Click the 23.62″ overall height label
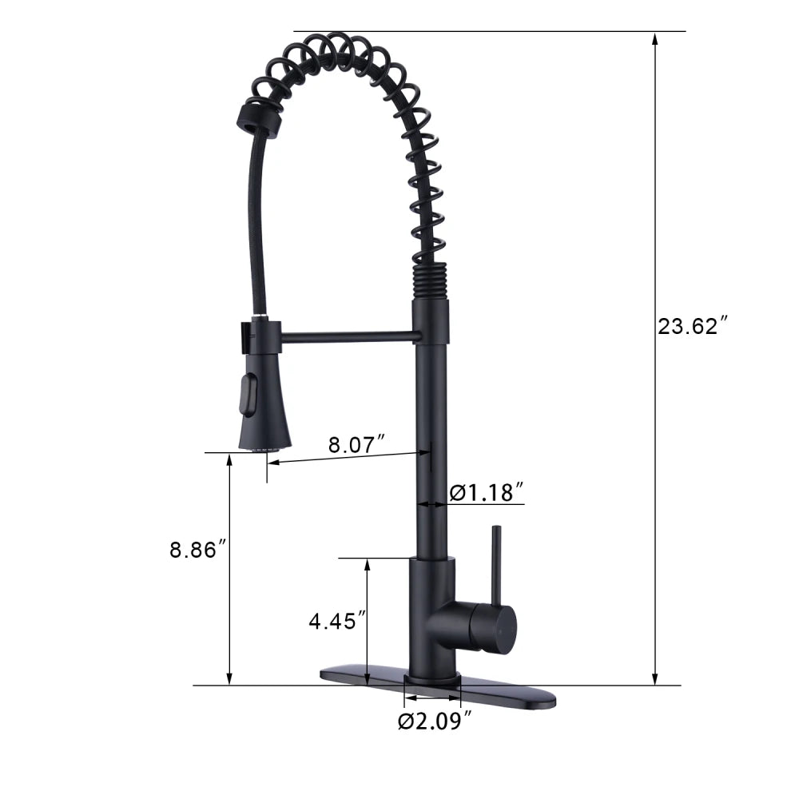[692, 326]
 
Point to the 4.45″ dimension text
[337, 620]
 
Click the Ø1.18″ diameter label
[486, 492]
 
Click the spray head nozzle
[265, 447]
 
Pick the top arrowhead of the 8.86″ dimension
[230, 459]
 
